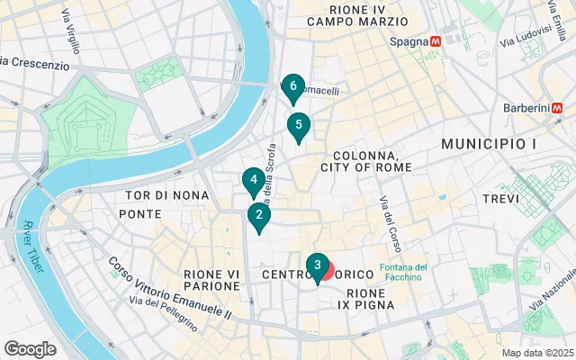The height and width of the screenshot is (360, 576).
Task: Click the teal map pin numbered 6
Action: click(x=290, y=87)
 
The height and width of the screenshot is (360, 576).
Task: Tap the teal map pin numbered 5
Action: click(x=298, y=125)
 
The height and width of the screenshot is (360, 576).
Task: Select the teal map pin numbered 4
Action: click(x=254, y=180)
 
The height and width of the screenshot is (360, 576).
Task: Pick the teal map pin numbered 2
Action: click(x=258, y=215)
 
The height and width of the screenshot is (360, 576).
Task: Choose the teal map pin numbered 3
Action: click(x=317, y=265)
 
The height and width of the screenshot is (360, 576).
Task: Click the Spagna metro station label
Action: click(x=409, y=41)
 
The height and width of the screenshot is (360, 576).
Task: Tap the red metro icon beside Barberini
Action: click(x=560, y=108)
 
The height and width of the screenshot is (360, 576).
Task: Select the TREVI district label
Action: click(x=500, y=198)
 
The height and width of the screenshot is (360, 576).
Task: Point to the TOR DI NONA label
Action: click(x=167, y=194)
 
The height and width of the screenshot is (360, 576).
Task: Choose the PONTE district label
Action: click(x=139, y=214)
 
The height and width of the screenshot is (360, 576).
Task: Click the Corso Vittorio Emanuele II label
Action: click(x=169, y=288)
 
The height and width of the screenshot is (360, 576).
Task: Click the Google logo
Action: click(x=31, y=349)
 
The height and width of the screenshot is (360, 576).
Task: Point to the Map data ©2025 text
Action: click(x=536, y=353)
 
